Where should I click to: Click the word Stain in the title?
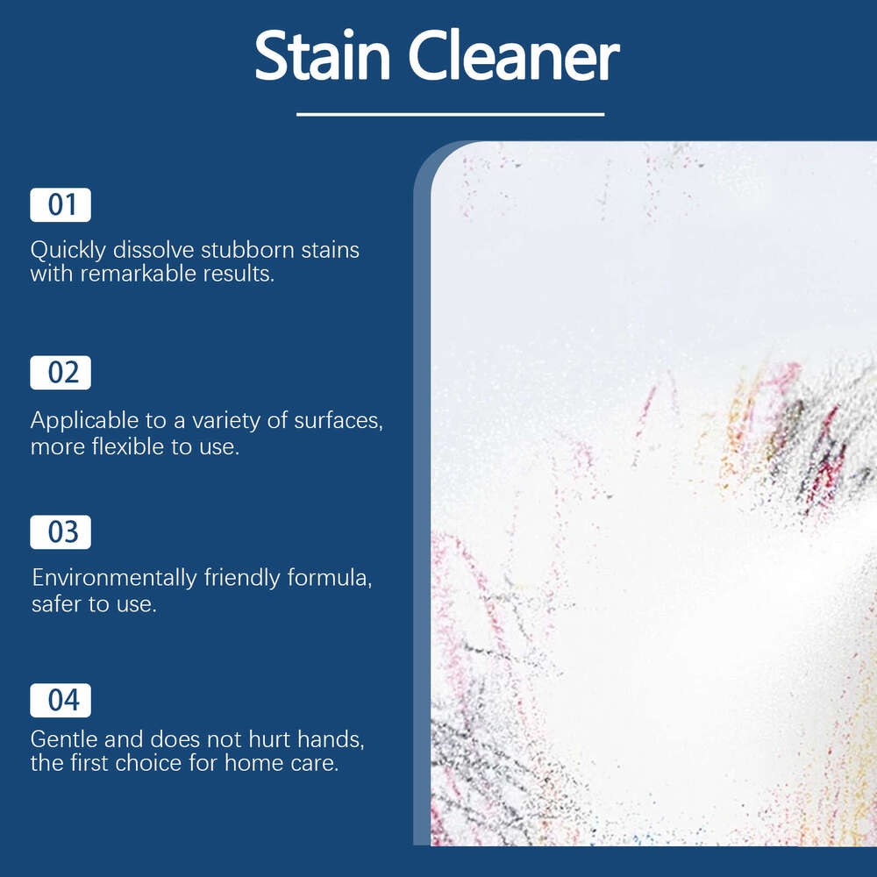tap(322, 58)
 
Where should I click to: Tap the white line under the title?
tap(450, 114)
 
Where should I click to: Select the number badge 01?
tap(61, 205)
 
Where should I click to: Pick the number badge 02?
tap(61, 373)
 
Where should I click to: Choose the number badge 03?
tap(61, 532)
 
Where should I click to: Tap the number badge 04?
tap(61, 700)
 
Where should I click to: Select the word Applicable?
tap(84, 421)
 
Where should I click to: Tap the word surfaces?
tap(336, 421)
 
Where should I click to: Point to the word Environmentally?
tap(115, 579)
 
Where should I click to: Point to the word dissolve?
tap(153, 250)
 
